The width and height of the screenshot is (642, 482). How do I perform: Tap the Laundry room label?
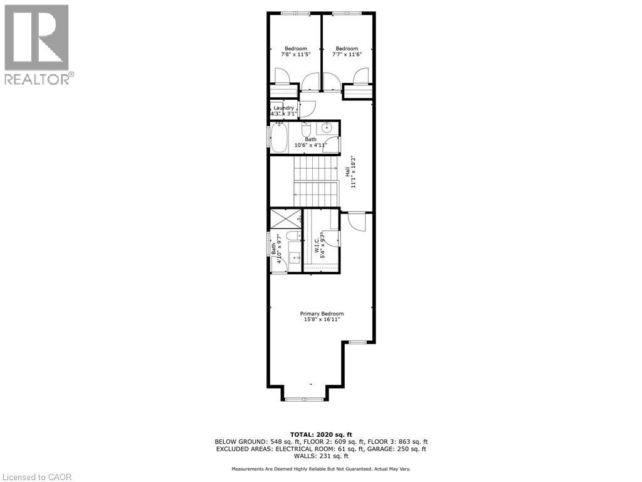click(283, 108)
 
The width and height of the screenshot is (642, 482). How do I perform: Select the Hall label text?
click(347, 170)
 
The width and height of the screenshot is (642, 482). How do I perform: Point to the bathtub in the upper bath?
click(279, 138)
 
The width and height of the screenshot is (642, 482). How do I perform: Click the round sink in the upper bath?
click(327, 128)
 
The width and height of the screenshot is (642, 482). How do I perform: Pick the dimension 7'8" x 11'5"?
click(296, 55)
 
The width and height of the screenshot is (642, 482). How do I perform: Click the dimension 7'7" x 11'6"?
click(347, 55)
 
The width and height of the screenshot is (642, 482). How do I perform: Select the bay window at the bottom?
click(303, 399)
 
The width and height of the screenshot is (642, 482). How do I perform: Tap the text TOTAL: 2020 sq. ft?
click(321, 434)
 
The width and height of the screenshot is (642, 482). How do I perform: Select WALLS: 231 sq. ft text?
click(321, 456)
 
